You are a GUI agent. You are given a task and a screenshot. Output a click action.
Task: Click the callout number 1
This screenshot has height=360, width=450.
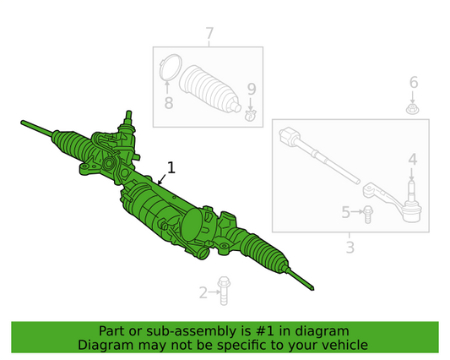click(x=171, y=168)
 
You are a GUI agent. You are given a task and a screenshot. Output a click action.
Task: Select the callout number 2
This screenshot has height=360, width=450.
click(x=203, y=292)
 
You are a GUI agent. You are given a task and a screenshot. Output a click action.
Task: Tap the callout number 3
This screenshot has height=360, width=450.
click(x=350, y=248)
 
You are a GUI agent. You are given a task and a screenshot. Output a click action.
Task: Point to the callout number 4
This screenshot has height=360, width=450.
click(x=412, y=160)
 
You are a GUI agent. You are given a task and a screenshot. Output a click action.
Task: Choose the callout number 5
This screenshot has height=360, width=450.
click(x=346, y=212)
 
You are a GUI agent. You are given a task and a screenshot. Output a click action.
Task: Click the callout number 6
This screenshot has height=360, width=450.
click(x=414, y=83)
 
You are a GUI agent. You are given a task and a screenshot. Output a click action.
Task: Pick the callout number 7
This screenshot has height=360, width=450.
click(x=209, y=33)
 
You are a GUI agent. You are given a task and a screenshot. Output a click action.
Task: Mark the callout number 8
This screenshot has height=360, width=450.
click(x=169, y=102)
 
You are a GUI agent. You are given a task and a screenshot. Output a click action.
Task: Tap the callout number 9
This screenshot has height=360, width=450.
click(x=252, y=90)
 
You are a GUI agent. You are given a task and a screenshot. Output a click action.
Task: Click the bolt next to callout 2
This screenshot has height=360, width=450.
click(x=223, y=291)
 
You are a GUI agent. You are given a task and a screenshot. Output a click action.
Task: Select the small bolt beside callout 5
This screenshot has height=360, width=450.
click(x=367, y=215)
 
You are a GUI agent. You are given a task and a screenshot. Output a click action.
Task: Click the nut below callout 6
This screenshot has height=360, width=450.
click(x=413, y=109)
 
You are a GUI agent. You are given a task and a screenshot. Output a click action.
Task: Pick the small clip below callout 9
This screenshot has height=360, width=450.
click(x=250, y=115)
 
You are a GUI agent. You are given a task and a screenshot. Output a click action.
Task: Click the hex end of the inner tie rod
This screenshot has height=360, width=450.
click(x=289, y=136)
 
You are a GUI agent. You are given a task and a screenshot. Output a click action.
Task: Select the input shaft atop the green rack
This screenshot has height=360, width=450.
click(x=129, y=117)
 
